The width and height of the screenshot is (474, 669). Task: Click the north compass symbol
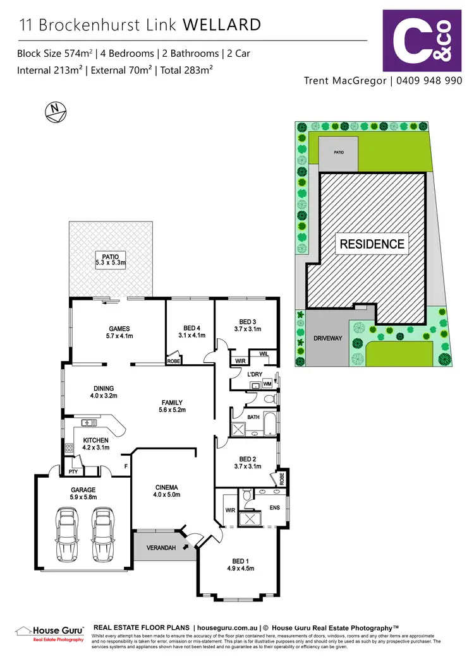(55, 111)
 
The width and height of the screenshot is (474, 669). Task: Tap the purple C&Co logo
(422, 40)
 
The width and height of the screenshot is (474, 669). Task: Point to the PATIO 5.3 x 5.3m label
(111, 259)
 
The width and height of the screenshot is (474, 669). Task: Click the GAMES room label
(119, 332)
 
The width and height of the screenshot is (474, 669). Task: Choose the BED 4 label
(190, 331)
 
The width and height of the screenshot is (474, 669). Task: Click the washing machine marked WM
(267, 384)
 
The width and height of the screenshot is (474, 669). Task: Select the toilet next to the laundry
(269, 400)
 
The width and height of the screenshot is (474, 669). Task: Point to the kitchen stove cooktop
(68, 448)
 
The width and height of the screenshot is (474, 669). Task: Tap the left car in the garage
(67, 526)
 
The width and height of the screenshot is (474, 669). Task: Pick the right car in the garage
(103, 526)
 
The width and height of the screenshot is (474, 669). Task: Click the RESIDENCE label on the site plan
(372, 244)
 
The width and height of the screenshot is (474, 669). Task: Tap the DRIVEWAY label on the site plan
(327, 338)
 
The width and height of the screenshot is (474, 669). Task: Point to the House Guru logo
(49, 633)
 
